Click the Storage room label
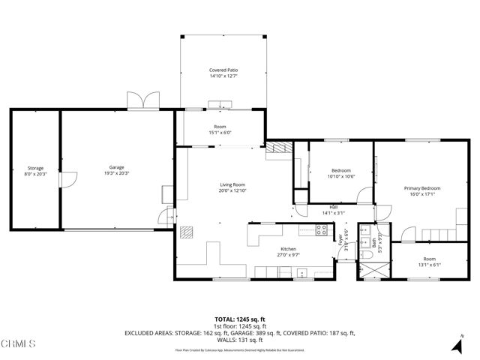coord(35,167)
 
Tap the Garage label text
coord(116,167)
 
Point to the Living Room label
coord(232,184)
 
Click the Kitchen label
coord(289,249)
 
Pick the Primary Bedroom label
coord(422,188)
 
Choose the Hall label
coord(333,208)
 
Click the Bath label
coord(373,242)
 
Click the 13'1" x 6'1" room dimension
coord(429,264)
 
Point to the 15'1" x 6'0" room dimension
coord(220,132)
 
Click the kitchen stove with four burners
coord(323,232)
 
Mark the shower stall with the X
coord(369,271)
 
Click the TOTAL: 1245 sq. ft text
coord(239,319)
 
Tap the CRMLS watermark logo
coord(19,344)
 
